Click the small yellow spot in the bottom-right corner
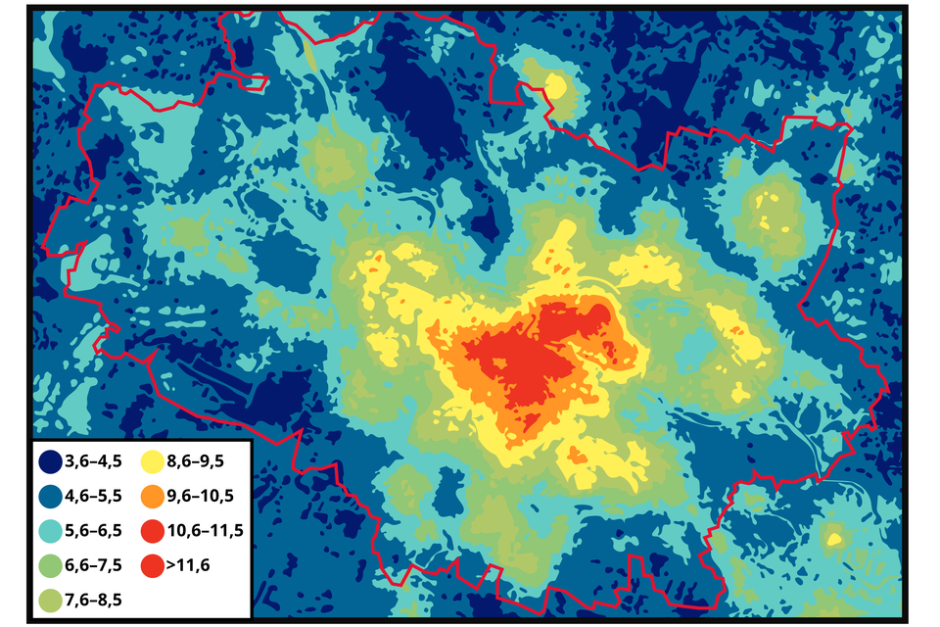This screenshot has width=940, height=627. click(834, 538)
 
